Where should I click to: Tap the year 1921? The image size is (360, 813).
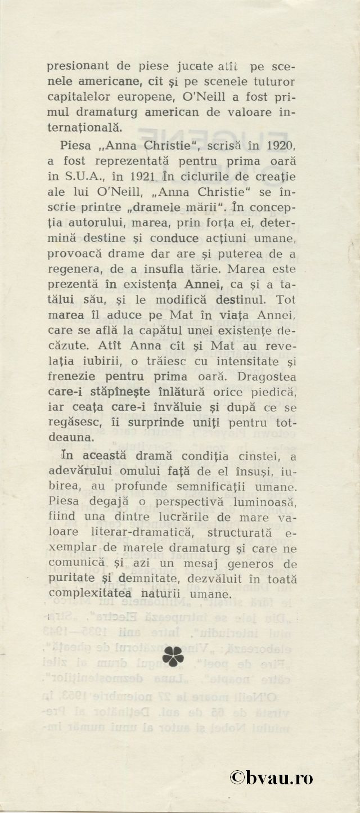tap(150, 176)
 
